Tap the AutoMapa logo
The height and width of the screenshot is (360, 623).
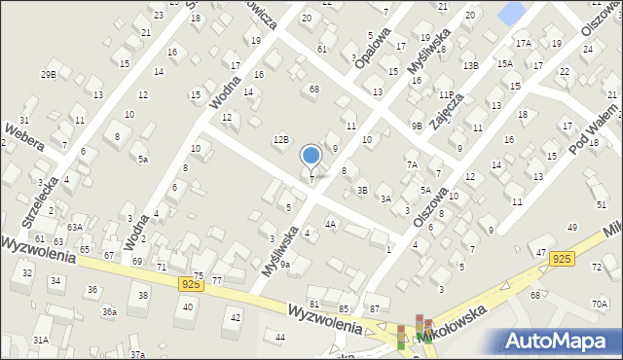tap(563, 342)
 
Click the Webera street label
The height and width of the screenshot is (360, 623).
tap(24, 137)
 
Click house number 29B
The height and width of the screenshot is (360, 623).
tap(48, 74)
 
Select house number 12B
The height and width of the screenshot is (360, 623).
tap(280, 140)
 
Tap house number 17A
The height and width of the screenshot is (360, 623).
tap(524, 44)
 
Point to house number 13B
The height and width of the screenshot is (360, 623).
tap(471, 65)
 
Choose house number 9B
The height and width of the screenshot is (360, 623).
tap(416, 126)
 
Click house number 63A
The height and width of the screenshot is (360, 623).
tap(75, 228)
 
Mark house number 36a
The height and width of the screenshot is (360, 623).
tap(110, 312)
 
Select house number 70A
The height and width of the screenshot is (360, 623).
tap(599, 304)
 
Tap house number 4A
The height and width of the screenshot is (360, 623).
tap(330, 225)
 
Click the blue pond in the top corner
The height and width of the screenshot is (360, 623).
tap(509, 13)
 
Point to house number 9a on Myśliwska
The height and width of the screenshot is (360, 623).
tap(285, 263)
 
